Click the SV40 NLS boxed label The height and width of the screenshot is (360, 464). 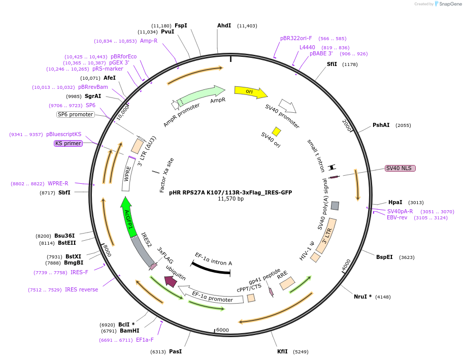click(x=400, y=168)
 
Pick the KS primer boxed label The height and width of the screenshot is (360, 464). click(x=68, y=144)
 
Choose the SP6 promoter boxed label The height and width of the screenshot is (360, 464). click(x=76, y=114)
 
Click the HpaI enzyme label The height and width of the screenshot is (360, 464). click(x=395, y=202)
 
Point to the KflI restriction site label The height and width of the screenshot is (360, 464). click(x=282, y=351)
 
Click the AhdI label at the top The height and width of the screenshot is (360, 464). click(x=224, y=25)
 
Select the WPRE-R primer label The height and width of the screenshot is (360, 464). click(x=58, y=184)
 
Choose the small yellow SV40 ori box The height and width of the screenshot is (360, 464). click(x=276, y=132)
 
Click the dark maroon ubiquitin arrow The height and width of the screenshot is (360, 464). click(x=171, y=280)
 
